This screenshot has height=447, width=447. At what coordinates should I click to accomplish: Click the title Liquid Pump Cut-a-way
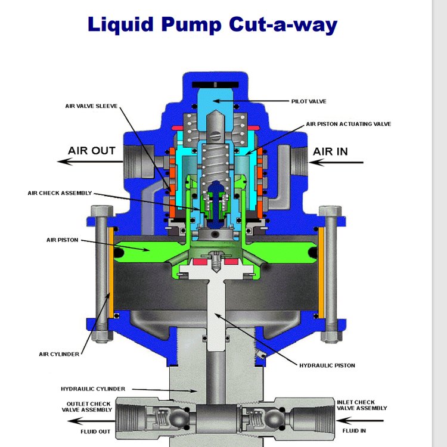(x=212, y=25)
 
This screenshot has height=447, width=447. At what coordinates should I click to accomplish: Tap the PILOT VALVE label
(x=309, y=101)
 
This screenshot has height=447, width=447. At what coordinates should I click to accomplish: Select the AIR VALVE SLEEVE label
(x=91, y=106)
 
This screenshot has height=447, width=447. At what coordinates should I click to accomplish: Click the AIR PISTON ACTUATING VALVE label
(x=349, y=124)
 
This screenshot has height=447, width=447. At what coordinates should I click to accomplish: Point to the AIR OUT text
(x=92, y=151)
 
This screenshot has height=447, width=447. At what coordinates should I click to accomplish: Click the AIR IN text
(x=330, y=151)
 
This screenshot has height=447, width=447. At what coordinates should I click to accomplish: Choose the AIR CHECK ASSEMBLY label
(x=60, y=193)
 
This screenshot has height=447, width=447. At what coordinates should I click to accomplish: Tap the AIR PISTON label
(x=62, y=240)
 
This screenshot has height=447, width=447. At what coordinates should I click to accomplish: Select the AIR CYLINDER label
(x=59, y=354)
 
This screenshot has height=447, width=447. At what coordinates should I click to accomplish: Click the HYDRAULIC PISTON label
(x=327, y=365)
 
